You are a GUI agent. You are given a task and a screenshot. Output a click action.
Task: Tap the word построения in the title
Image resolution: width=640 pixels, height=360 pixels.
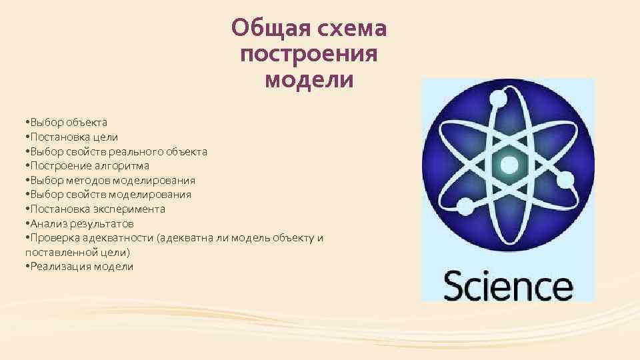pos(309,55)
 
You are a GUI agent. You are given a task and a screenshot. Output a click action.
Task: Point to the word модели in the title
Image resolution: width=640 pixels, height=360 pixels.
pos(309,80)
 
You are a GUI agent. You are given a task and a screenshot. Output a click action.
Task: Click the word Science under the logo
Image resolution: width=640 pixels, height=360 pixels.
pos(508,286)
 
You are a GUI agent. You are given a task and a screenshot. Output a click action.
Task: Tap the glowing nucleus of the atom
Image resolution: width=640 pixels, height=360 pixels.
pos(508,165)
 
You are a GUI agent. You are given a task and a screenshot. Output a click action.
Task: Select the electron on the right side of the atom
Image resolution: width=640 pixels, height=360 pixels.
pos(565,179)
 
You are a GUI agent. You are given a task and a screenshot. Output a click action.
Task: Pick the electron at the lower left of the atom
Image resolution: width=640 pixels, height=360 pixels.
pos(464,209)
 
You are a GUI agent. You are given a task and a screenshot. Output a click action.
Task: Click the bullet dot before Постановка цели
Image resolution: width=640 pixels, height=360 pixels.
pos(25,137)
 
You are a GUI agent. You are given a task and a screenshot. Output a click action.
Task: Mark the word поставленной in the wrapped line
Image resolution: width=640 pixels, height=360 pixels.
pos(56,253)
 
